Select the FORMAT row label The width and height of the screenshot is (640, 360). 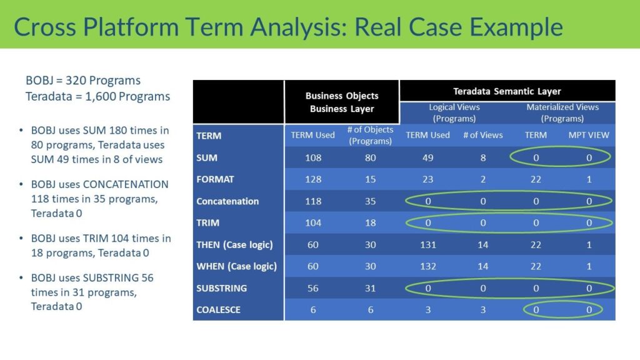pyautogui.click(x=215, y=179)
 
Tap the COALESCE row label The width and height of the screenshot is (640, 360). pyautogui.click(x=218, y=310)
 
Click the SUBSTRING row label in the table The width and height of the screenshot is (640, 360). pyautogui.click(x=221, y=288)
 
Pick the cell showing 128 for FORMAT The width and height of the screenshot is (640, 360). pyautogui.click(x=312, y=179)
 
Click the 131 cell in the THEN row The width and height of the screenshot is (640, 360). pyautogui.click(x=427, y=245)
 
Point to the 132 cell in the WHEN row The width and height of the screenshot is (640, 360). pyautogui.click(x=427, y=266)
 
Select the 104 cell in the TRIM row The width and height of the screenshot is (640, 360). pyautogui.click(x=312, y=223)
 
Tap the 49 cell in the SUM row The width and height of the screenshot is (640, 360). pyautogui.click(x=427, y=157)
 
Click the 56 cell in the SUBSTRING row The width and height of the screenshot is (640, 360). pyautogui.click(x=312, y=288)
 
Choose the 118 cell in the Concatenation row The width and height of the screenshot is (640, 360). pyautogui.click(x=312, y=201)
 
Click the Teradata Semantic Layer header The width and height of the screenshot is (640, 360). pyautogui.click(x=507, y=91)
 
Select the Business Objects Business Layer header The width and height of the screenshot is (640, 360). pyautogui.click(x=342, y=102)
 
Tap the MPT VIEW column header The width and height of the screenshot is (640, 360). pyautogui.click(x=589, y=135)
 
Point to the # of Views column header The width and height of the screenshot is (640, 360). pyautogui.click(x=482, y=135)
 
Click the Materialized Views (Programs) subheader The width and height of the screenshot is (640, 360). pyautogui.click(x=562, y=112)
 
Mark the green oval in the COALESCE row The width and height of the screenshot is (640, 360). pyautogui.click(x=562, y=310)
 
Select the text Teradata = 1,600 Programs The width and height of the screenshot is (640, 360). pyautogui.click(x=97, y=96)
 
